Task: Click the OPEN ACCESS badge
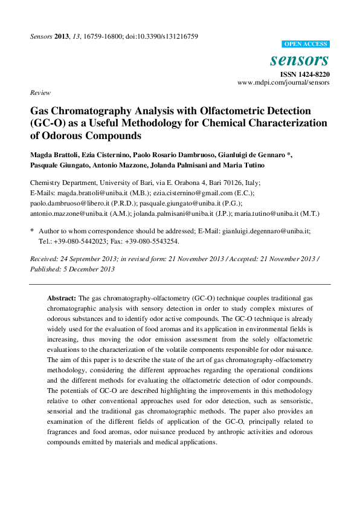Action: pos(306,44)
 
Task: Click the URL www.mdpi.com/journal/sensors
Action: pos(283,82)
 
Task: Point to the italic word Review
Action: pos(39,92)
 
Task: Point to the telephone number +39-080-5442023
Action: pos(79,241)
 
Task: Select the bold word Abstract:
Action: pos(62,299)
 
